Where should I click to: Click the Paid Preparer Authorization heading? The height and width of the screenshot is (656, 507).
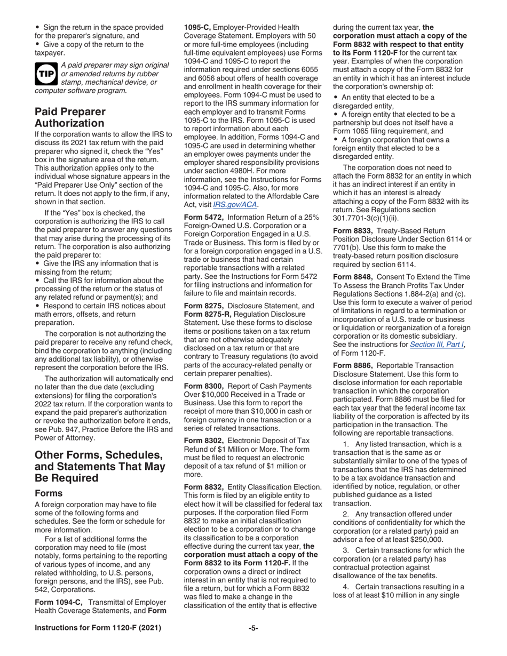70,117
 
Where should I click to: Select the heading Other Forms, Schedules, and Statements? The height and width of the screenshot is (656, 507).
99,466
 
